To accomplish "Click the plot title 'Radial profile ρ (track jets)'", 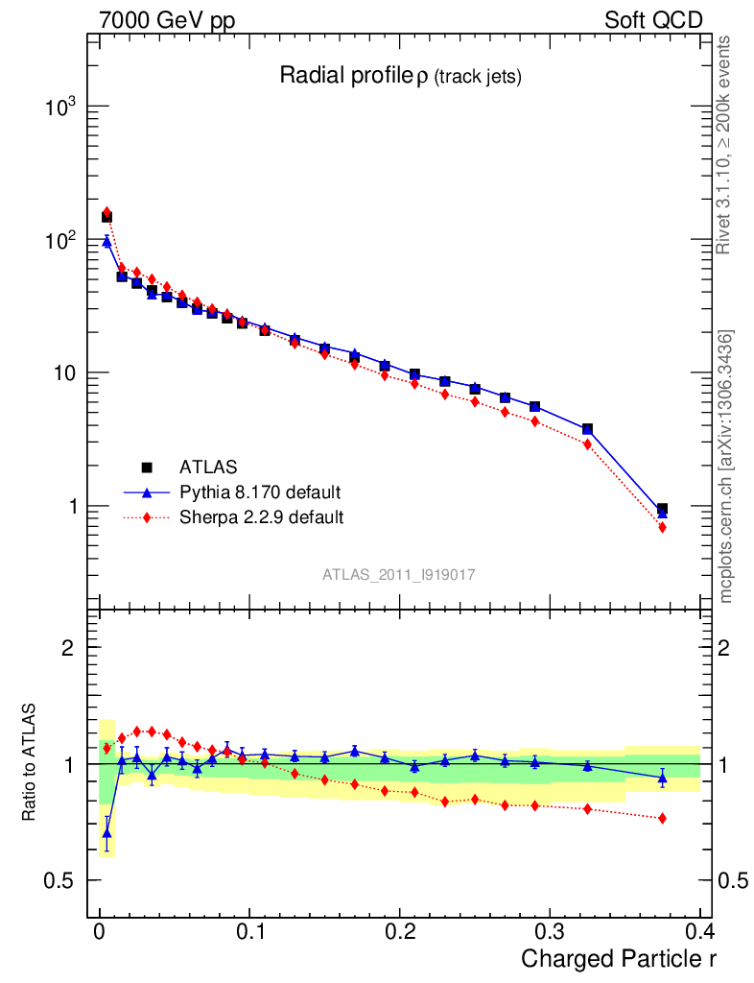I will [x=400, y=76].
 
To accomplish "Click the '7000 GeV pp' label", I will [x=166, y=20].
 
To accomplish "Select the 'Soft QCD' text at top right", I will [x=653, y=20].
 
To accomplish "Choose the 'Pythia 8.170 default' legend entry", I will [x=260, y=492].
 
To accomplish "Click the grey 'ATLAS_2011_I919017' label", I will [x=399, y=574].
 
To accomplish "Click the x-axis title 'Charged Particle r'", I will [x=619, y=959].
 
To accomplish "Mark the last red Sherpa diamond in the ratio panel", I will [x=662, y=818].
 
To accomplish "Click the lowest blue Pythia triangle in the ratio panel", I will [x=106, y=832].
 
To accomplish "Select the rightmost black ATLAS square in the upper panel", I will [x=662, y=509].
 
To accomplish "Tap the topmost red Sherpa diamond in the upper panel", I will [x=106, y=212].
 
